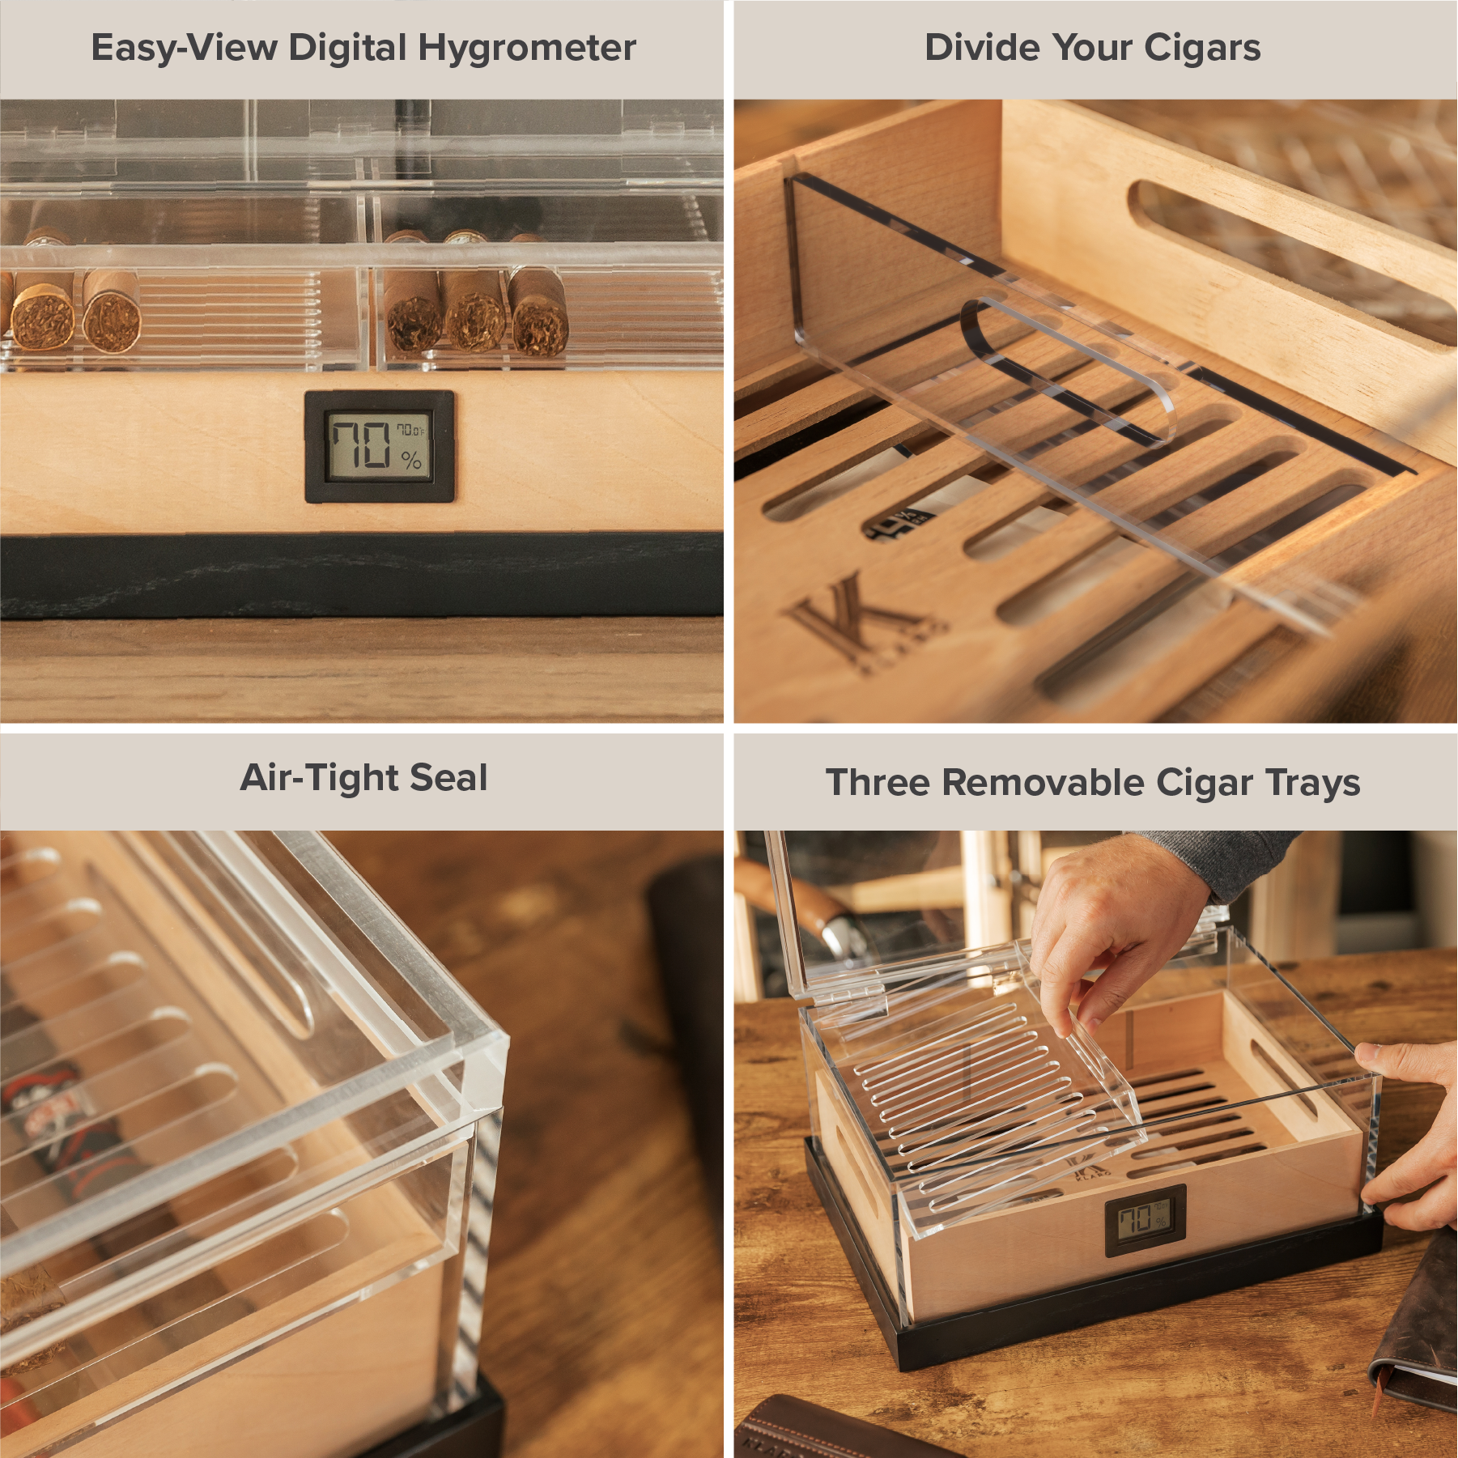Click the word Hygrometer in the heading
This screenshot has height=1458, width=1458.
[x=526, y=49]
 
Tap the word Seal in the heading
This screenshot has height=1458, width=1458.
[x=448, y=778]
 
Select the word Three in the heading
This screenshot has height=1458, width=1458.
[x=878, y=783]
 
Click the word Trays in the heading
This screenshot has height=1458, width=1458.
[x=1312, y=783]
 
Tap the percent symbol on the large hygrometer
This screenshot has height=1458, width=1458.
[x=411, y=461]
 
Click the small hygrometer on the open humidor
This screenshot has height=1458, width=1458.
[x=1145, y=1220]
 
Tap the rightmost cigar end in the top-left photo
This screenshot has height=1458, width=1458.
[x=538, y=323]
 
